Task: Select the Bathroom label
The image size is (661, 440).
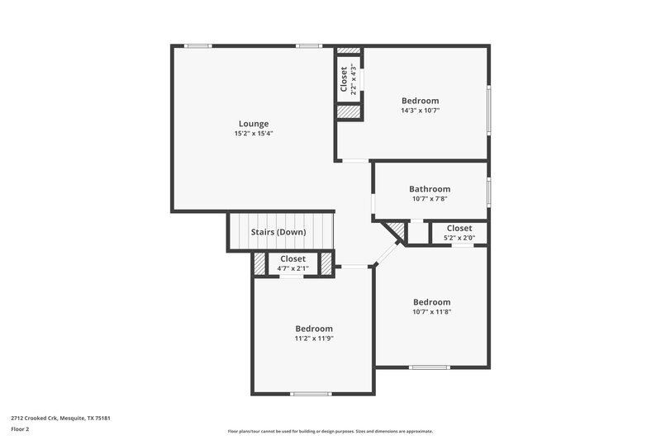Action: click(430, 189)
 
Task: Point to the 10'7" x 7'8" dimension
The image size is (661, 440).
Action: click(430, 199)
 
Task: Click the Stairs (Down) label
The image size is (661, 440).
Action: click(278, 232)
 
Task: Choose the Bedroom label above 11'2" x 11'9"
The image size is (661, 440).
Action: click(314, 328)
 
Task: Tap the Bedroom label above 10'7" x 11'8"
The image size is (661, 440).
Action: click(432, 302)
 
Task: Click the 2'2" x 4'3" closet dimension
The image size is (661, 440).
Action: click(354, 79)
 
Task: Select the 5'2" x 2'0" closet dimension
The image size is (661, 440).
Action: click(459, 238)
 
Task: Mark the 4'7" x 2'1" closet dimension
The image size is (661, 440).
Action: click(292, 268)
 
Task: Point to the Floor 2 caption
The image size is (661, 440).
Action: click(21, 429)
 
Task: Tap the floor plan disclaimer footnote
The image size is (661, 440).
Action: click(330, 431)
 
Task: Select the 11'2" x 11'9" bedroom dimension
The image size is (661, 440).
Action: click(314, 338)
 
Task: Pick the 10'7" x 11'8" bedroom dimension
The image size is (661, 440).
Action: click(432, 312)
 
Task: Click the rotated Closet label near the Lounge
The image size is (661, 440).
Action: click(344, 79)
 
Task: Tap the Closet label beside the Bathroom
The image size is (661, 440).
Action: click(459, 228)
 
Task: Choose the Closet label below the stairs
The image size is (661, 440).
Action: click(292, 259)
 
